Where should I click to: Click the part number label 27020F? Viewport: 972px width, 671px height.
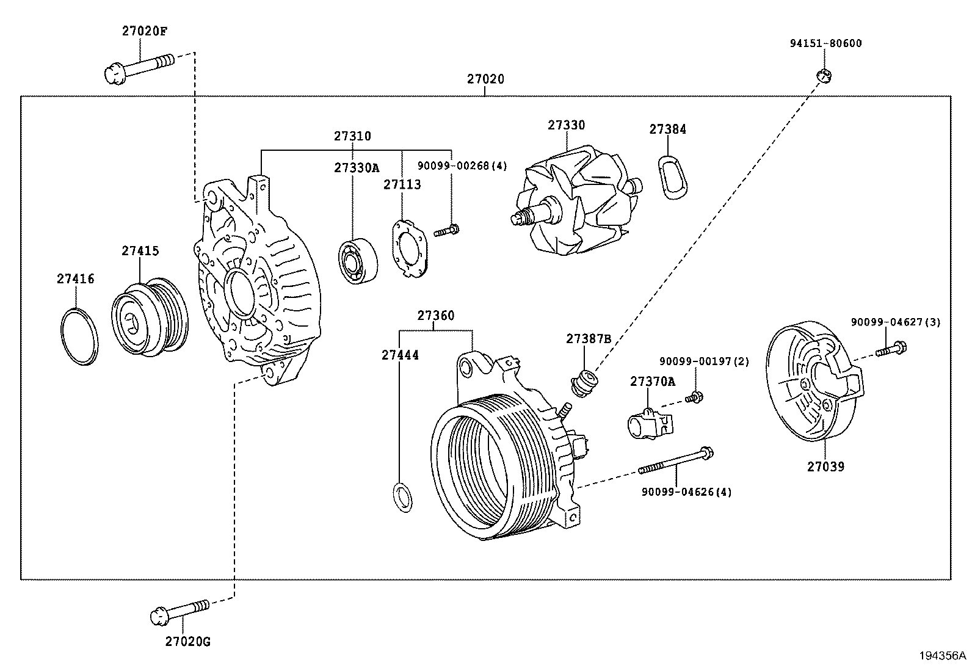144,31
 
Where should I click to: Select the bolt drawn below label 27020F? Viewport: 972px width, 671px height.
139,68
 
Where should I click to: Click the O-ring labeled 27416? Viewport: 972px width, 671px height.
79,337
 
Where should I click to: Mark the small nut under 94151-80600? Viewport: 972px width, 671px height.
824,76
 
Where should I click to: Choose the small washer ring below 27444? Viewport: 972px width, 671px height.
402,496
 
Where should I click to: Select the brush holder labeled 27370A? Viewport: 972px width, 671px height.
649,423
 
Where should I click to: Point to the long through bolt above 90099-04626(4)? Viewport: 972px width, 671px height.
676,461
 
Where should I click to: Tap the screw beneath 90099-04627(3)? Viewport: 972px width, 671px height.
891,350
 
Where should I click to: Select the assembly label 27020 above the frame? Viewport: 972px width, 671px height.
485,79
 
